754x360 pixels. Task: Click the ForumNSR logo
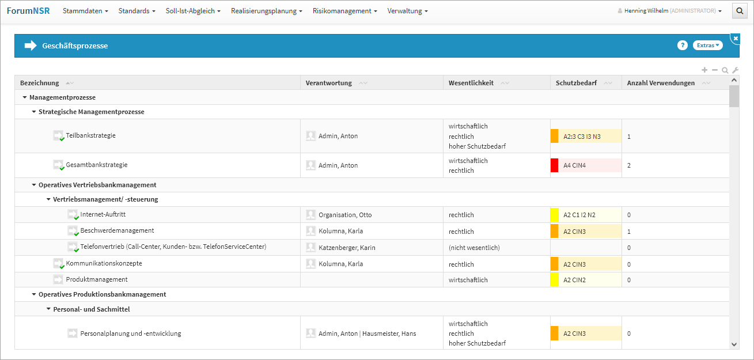(x=28, y=11)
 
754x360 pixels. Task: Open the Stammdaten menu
(x=85, y=11)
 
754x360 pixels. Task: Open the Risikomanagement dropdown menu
(x=344, y=11)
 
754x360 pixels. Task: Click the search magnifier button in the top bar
(x=740, y=11)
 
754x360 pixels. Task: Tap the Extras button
(x=707, y=45)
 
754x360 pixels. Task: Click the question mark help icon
(x=683, y=45)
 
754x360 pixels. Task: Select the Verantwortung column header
(x=328, y=83)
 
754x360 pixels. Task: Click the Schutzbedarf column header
(x=576, y=83)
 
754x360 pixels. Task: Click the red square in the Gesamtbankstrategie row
(x=554, y=165)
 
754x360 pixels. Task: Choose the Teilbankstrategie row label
(x=90, y=135)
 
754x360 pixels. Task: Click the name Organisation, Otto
(x=345, y=215)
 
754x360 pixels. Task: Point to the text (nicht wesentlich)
(x=474, y=248)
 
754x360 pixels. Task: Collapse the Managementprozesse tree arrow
(x=25, y=97)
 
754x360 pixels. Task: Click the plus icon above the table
(x=704, y=70)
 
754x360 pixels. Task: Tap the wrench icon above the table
(x=735, y=70)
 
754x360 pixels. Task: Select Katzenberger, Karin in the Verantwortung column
(x=347, y=248)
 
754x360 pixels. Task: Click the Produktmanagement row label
(x=97, y=279)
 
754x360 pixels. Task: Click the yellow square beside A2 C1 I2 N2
(x=554, y=215)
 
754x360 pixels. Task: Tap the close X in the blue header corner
(x=736, y=39)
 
